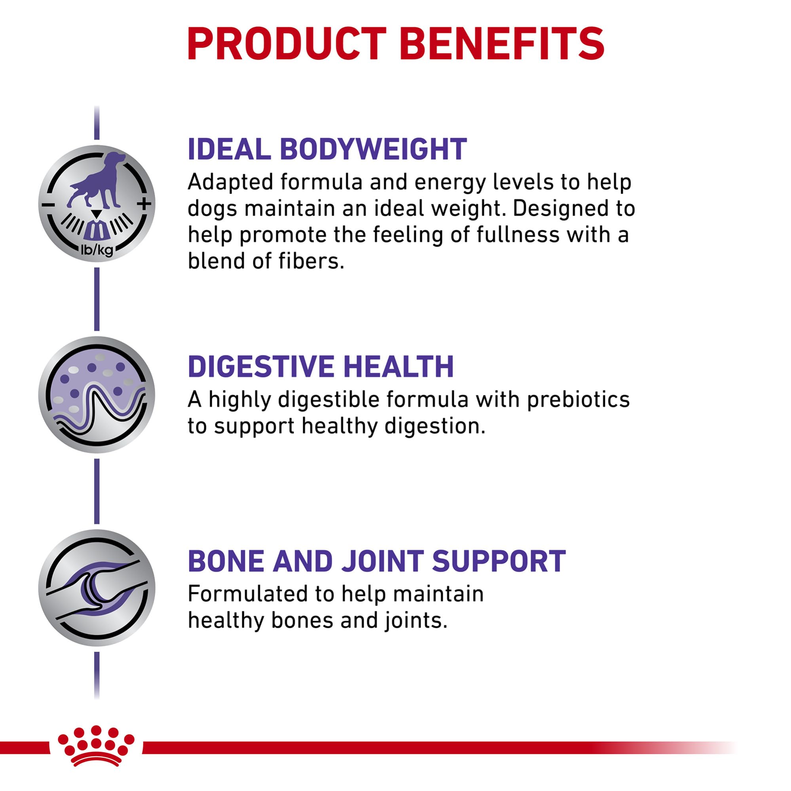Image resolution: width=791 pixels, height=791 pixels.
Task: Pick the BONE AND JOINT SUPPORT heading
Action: point(377,561)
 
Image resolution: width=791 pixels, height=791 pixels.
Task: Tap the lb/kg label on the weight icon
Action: point(97,249)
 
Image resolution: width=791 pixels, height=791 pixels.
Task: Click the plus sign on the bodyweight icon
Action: point(144,203)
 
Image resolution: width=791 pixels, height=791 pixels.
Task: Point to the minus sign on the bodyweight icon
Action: point(48,204)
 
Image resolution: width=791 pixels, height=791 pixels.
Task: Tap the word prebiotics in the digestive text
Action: point(578,400)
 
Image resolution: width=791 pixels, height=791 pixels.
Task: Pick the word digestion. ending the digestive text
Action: point(434,427)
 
